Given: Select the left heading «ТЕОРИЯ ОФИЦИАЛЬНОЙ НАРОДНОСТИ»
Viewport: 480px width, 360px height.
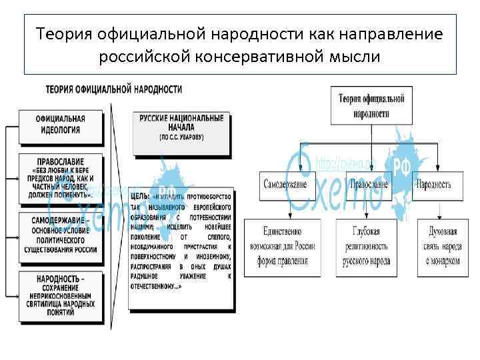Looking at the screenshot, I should click(113, 89).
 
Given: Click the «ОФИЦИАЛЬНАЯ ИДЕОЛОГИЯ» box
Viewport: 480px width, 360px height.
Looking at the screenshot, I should click(61, 125).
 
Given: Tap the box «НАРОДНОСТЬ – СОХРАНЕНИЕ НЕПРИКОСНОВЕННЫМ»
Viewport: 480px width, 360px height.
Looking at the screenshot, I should click(61, 294).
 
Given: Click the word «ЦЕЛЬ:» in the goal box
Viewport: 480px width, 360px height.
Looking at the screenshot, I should click(141, 197).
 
